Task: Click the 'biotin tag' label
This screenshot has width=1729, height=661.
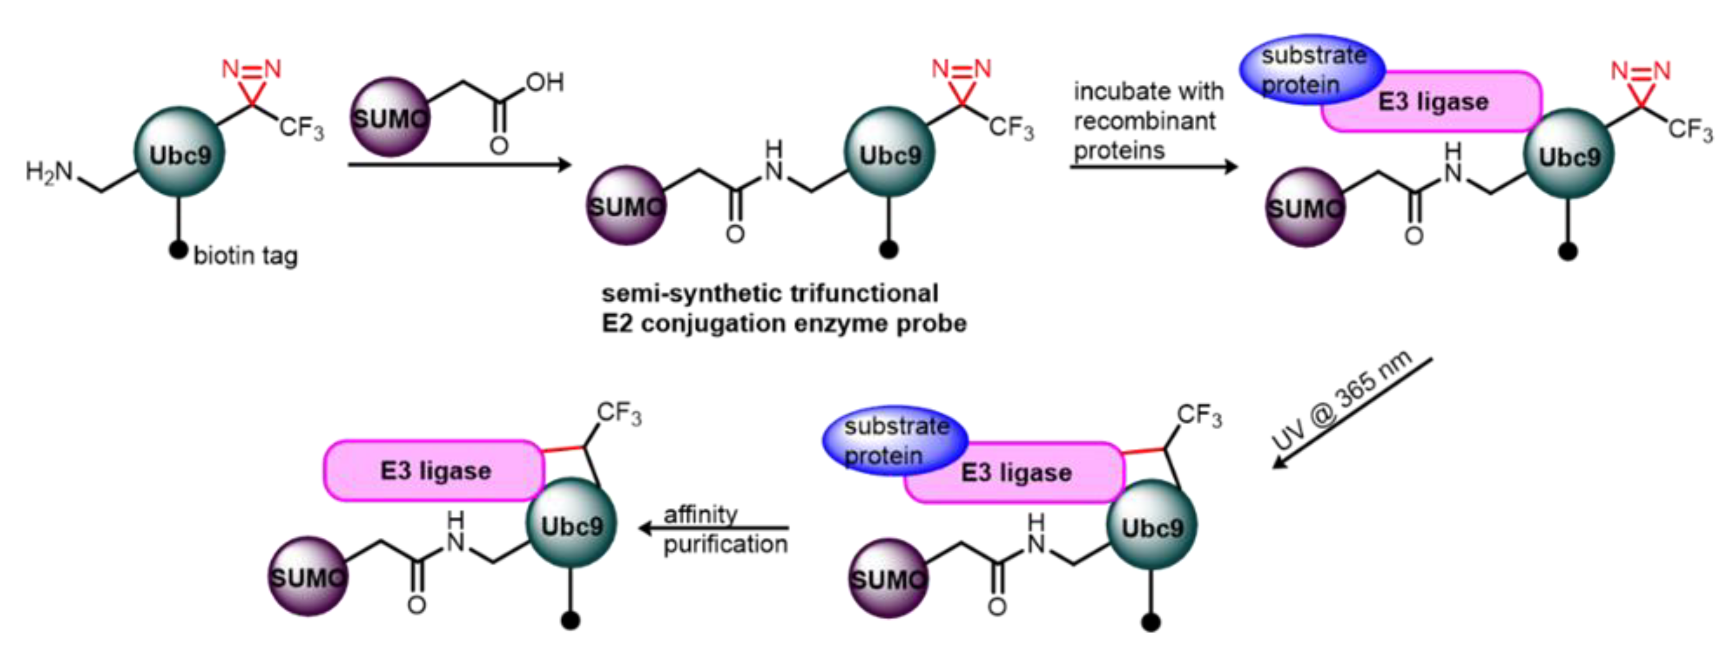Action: coord(246,256)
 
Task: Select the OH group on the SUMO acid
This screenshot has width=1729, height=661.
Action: coord(544,83)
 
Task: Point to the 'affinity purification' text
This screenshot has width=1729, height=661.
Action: coord(725,529)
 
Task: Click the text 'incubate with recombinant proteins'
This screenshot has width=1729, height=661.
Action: coord(1148,121)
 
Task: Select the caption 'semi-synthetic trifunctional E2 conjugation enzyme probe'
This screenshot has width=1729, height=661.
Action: coord(783,309)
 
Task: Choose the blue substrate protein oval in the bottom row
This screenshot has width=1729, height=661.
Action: coord(895,440)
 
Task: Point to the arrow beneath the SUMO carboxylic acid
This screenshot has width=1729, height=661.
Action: coord(459,165)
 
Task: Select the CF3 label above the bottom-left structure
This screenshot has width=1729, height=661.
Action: coord(619,414)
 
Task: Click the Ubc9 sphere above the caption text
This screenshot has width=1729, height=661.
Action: coord(890,153)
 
